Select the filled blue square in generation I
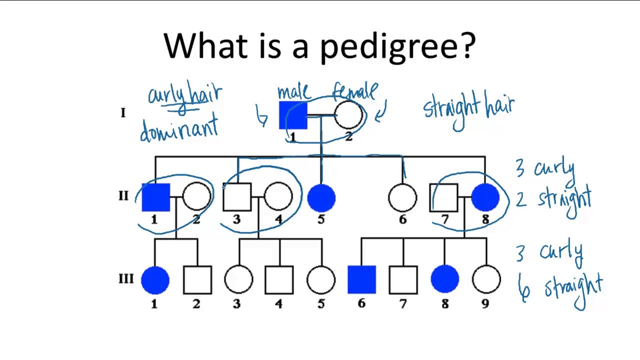293,115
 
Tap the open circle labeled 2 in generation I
348,115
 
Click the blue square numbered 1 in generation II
155,197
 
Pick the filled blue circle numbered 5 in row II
321,197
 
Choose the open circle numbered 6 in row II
402,197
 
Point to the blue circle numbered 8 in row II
485,197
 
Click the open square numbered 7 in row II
443,197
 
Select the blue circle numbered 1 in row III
155,279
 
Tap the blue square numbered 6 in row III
361,279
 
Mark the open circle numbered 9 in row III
486,279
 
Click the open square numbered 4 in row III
279,279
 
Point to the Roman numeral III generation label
126,278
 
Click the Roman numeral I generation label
123,113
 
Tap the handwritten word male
294,91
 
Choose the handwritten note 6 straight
560,289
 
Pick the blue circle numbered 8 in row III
444,279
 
